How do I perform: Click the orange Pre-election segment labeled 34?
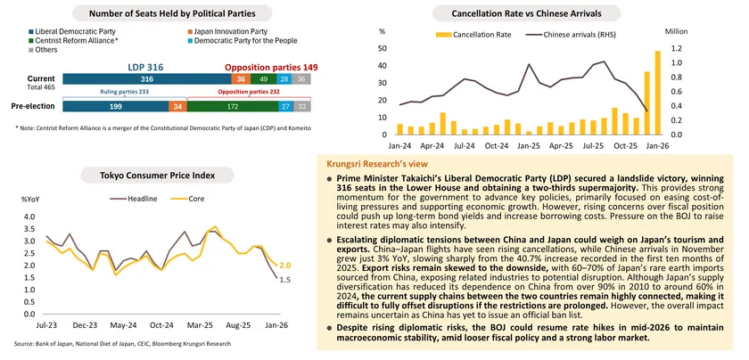point(177,106)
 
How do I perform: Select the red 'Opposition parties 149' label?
point(270,67)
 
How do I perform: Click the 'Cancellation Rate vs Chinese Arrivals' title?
point(526,14)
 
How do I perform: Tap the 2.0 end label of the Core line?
point(285,266)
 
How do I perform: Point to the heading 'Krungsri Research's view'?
point(366,167)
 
